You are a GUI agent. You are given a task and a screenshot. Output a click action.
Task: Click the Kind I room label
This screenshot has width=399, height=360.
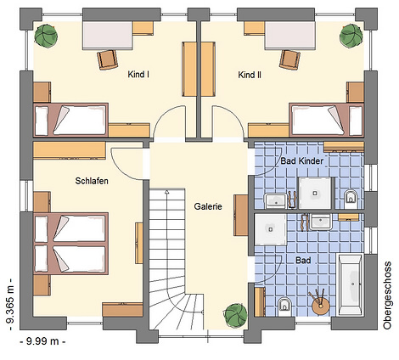tap(138, 75)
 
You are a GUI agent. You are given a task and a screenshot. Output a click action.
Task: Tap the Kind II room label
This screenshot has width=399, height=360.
tap(250, 75)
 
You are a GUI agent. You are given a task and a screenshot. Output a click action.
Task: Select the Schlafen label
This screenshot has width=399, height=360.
tap(92, 181)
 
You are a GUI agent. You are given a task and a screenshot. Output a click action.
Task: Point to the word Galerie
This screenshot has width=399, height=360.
tap(208, 206)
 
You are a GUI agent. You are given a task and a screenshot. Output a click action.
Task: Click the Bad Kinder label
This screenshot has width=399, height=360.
tap(302, 161)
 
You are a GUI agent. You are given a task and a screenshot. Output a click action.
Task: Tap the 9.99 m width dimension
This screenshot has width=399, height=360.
tap(43, 341)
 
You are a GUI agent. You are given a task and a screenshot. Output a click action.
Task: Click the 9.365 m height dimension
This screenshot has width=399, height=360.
tap(10, 304)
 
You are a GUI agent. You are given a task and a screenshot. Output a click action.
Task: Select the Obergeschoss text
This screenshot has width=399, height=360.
tap(387, 295)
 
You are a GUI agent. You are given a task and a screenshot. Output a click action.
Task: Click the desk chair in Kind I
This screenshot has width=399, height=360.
tap(107, 59)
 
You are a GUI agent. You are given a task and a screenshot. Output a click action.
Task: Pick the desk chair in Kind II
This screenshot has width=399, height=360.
tap(290, 59)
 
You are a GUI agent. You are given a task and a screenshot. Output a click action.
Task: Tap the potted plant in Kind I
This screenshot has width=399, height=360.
tap(46, 35)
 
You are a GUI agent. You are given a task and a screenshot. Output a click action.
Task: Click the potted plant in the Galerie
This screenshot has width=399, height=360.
tap(236, 316)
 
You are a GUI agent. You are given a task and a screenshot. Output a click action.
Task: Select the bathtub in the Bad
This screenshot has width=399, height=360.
tap(351, 284)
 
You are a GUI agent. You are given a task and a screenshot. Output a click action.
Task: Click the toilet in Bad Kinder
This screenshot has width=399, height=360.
tap(351, 196)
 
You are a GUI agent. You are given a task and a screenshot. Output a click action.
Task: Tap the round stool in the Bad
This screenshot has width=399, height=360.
tap(321, 307)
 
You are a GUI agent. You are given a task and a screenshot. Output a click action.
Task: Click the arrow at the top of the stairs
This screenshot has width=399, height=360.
tap(166, 193)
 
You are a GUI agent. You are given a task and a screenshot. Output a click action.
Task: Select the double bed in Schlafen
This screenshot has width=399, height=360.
tap(71, 244)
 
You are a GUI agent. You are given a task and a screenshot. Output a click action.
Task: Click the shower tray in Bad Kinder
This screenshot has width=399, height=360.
tap(315, 193)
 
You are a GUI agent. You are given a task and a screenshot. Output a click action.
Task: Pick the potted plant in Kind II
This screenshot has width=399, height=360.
tap(351, 35)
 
